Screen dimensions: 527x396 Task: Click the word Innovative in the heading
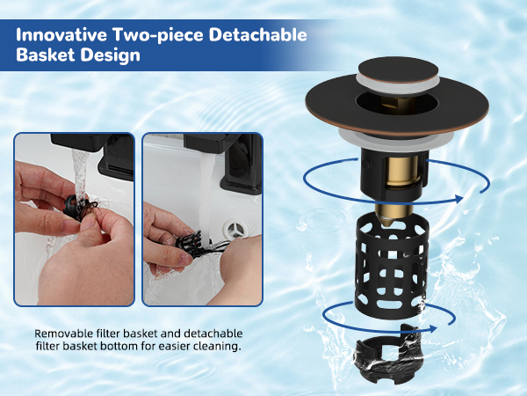[61, 34]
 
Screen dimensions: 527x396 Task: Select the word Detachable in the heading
[257, 34]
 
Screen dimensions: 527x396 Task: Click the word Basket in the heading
[46, 55]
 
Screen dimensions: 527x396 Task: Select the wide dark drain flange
[397, 107]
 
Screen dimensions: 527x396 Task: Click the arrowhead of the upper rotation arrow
[458, 199]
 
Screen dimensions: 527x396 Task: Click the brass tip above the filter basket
[393, 215]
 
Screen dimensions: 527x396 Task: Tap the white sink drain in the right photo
[236, 230]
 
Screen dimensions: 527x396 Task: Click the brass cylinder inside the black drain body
[402, 171]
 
